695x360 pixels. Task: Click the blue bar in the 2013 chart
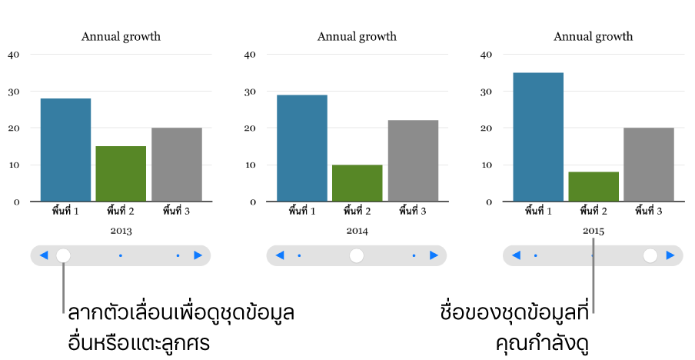[65, 150]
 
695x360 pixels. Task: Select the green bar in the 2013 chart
[121, 174]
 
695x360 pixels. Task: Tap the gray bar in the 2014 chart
[413, 161]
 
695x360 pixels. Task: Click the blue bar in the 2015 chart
[538, 137]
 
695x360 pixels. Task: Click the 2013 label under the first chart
[121, 230]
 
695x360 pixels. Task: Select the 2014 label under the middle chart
[357, 230]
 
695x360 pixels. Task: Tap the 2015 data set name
[594, 231]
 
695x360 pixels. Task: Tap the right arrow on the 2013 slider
[198, 255]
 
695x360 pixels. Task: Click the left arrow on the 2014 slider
[280, 255]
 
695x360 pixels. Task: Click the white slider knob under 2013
[64, 255]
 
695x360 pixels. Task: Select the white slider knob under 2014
[357, 255]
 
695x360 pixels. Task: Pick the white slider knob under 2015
[650, 255]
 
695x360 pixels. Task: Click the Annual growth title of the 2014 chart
[357, 36]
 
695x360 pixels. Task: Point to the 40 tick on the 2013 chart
[14, 55]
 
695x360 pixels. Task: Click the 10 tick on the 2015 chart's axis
[487, 165]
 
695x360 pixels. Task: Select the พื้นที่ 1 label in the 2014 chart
[301, 210]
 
